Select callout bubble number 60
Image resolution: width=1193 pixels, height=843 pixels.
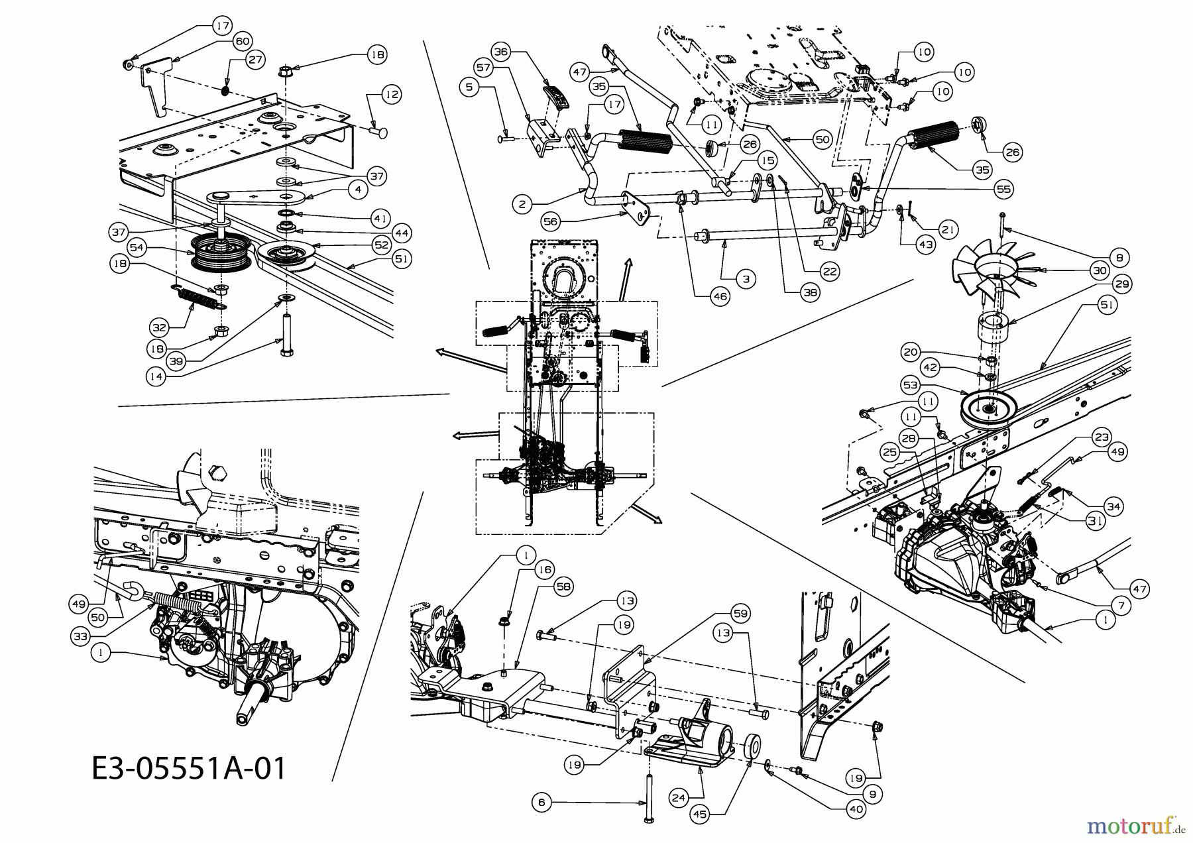(242, 41)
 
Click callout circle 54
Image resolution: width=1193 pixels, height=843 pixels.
(137, 248)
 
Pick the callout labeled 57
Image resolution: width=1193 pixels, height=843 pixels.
(484, 68)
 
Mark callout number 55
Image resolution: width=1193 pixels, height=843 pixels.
(1003, 189)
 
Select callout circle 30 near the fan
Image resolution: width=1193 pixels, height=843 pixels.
(1100, 270)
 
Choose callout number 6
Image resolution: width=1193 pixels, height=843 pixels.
(541, 803)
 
